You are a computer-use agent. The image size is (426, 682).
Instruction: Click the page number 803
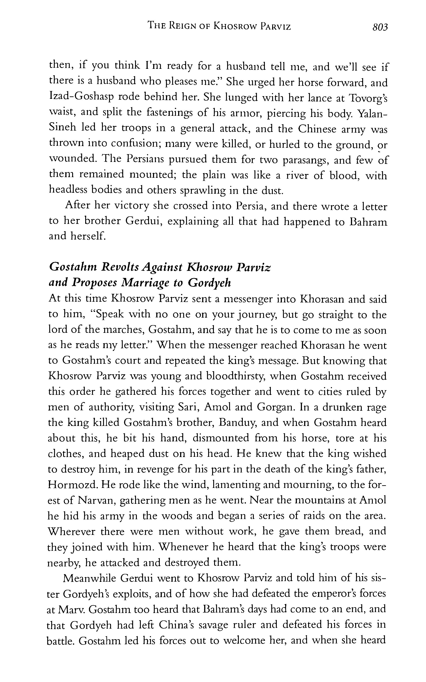click(x=380, y=27)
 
